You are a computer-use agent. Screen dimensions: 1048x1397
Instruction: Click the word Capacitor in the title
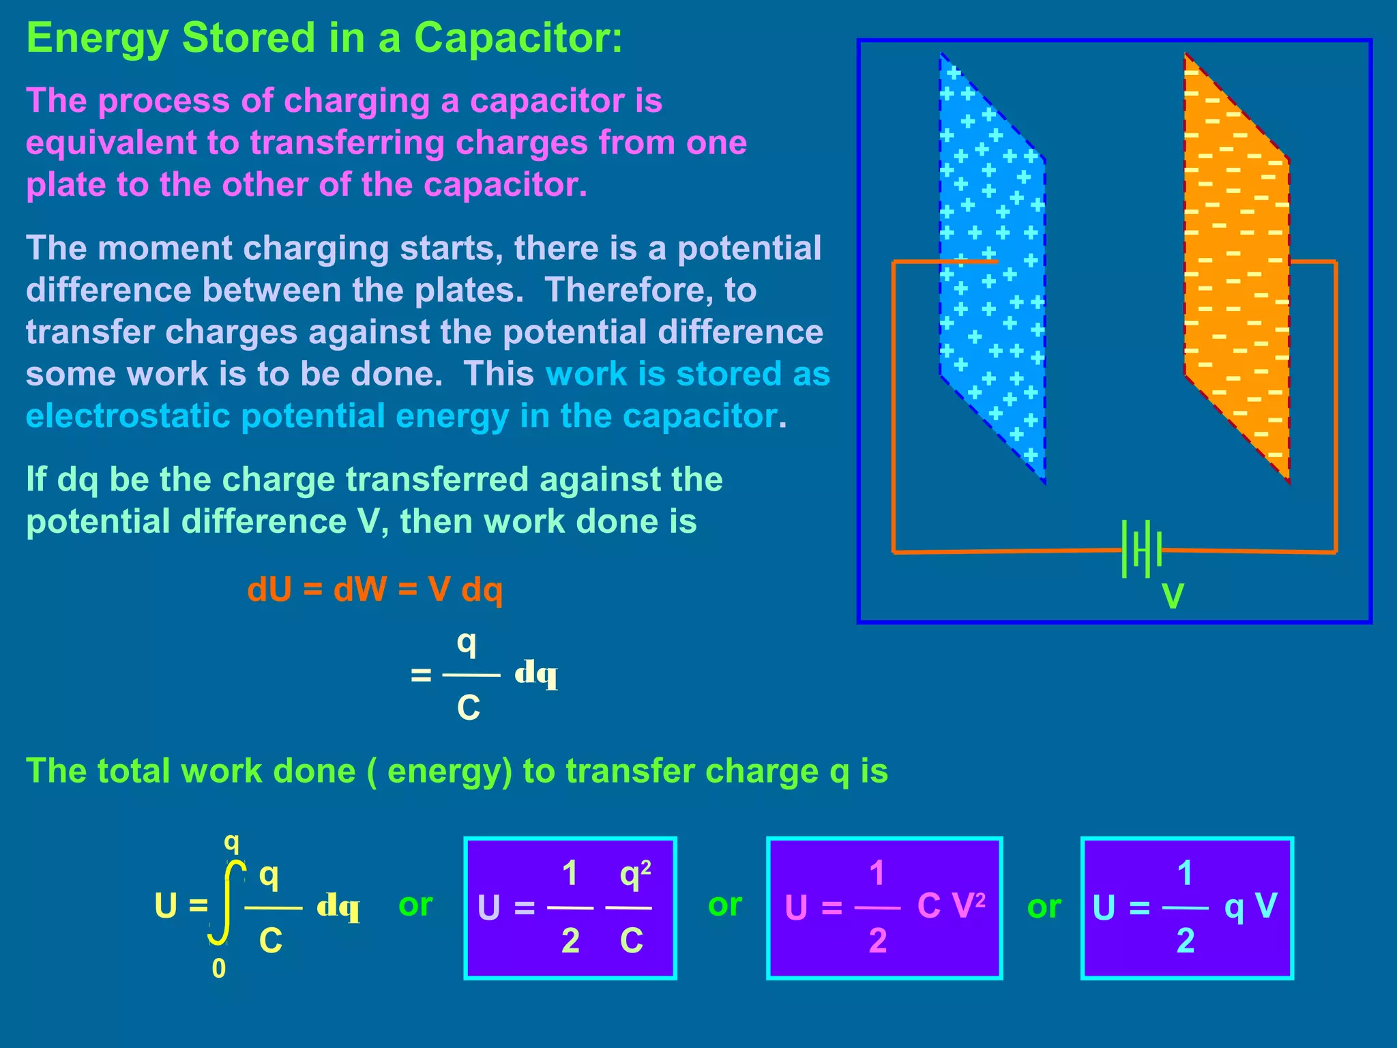click(518, 38)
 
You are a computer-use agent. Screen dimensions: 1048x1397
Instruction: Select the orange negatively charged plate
click(1236, 266)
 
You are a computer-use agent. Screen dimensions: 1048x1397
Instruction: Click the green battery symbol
click(1141, 549)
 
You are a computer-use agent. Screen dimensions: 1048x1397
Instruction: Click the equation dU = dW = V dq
click(375, 589)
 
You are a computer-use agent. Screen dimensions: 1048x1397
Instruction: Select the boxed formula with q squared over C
click(570, 907)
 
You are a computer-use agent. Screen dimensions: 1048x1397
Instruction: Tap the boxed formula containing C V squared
click(885, 907)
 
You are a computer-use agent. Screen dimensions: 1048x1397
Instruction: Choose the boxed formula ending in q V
click(1187, 907)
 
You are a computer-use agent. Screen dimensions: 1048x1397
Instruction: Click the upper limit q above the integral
click(232, 843)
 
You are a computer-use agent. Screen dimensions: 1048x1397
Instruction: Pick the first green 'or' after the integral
click(415, 905)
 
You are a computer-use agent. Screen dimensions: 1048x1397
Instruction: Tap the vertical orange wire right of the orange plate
click(1335, 409)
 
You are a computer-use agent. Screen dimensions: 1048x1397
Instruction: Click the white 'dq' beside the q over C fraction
click(536, 674)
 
